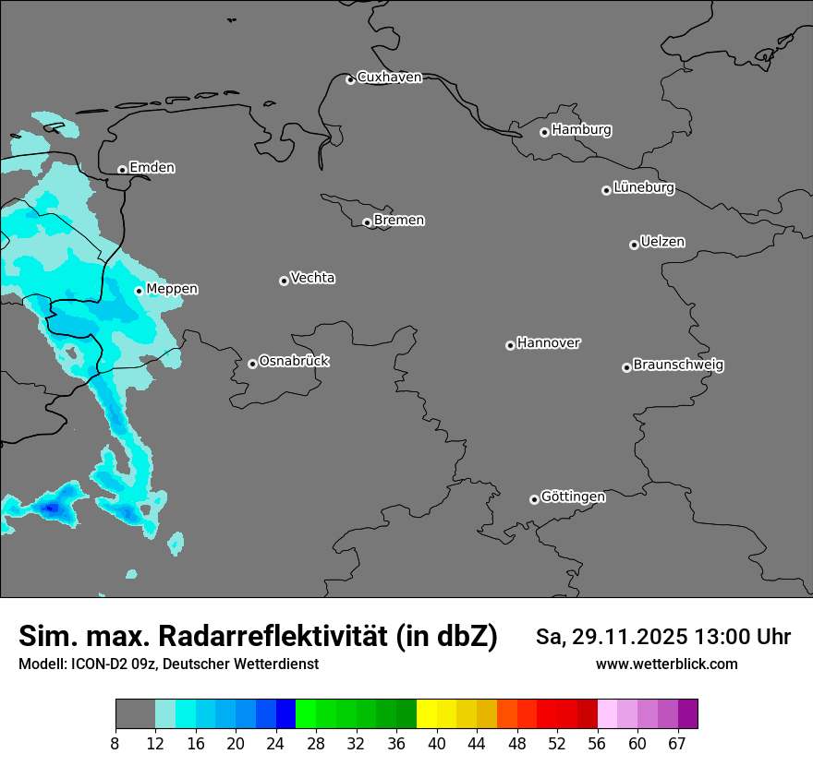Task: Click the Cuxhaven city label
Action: [389, 78]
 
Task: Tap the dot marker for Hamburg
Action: [544, 132]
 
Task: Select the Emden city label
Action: [152, 168]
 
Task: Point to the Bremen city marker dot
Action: [367, 222]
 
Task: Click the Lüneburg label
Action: [643, 188]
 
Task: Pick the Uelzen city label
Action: [662, 243]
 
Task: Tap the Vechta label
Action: [312, 279]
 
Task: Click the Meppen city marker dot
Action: [139, 291]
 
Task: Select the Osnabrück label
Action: [294, 362]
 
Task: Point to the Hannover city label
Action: [548, 343]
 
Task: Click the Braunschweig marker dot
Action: [626, 367]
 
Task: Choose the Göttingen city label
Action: [573, 497]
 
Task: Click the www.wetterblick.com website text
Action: [666, 664]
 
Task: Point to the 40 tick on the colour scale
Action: [436, 744]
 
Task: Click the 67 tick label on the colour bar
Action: [677, 744]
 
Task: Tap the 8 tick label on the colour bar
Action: [115, 744]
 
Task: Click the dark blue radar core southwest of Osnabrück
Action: [51, 507]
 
